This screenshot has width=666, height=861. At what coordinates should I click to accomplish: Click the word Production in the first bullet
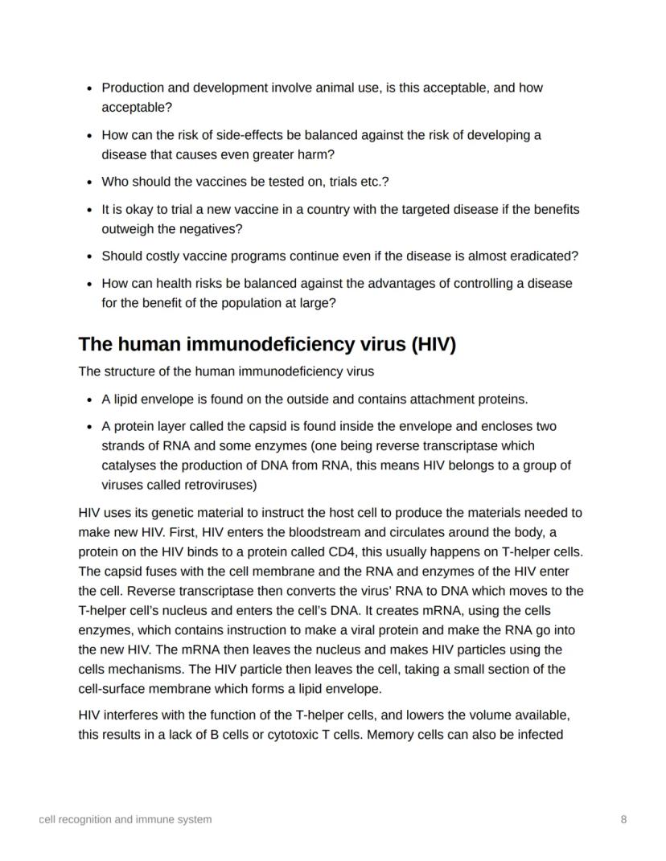(x=131, y=88)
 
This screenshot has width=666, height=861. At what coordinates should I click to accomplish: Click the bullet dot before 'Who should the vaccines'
(x=90, y=182)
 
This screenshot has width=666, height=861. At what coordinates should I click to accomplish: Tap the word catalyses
(x=129, y=465)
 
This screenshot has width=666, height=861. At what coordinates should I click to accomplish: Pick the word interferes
(x=134, y=715)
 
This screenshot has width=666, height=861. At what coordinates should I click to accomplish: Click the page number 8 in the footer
(x=624, y=819)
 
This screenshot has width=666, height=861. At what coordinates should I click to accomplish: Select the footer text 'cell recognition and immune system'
(x=125, y=819)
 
